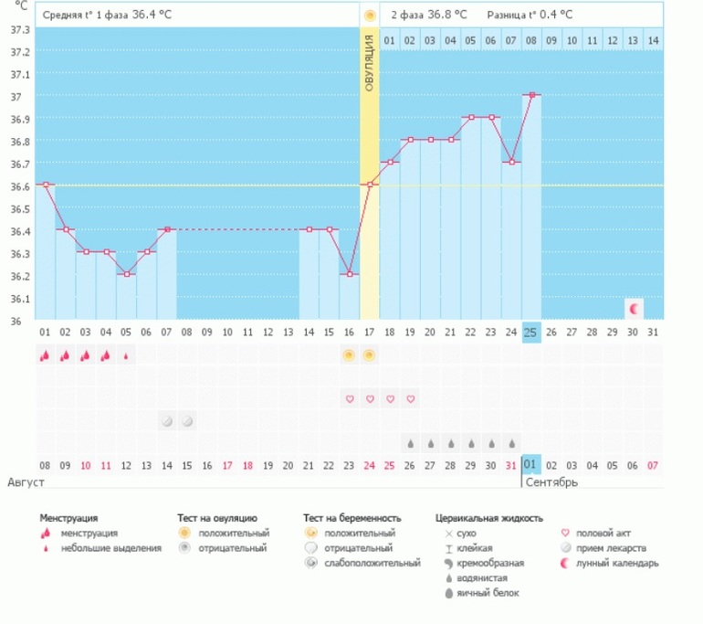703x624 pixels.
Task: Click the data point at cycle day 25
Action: tap(531, 94)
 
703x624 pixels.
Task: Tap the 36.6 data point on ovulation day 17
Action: tap(369, 185)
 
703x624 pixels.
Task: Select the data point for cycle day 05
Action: tap(126, 274)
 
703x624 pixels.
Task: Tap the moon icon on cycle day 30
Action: tap(635, 308)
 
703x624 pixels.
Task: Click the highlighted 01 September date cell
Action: tap(530, 465)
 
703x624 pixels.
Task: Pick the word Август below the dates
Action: tap(26, 481)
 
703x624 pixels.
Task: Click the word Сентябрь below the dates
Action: tap(551, 481)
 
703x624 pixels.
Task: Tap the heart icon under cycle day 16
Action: tap(349, 399)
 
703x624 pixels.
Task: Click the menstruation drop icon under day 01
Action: tap(44, 354)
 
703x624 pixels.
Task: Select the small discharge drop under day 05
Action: tap(126, 354)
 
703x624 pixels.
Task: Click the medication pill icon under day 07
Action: tap(167, 421)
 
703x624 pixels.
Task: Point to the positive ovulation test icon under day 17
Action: tap(369, 354)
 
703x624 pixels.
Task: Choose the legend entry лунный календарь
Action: tap(623, 563)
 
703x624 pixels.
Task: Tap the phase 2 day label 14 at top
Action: tap(653, 40)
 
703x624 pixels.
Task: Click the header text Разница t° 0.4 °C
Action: tap(530, 15)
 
